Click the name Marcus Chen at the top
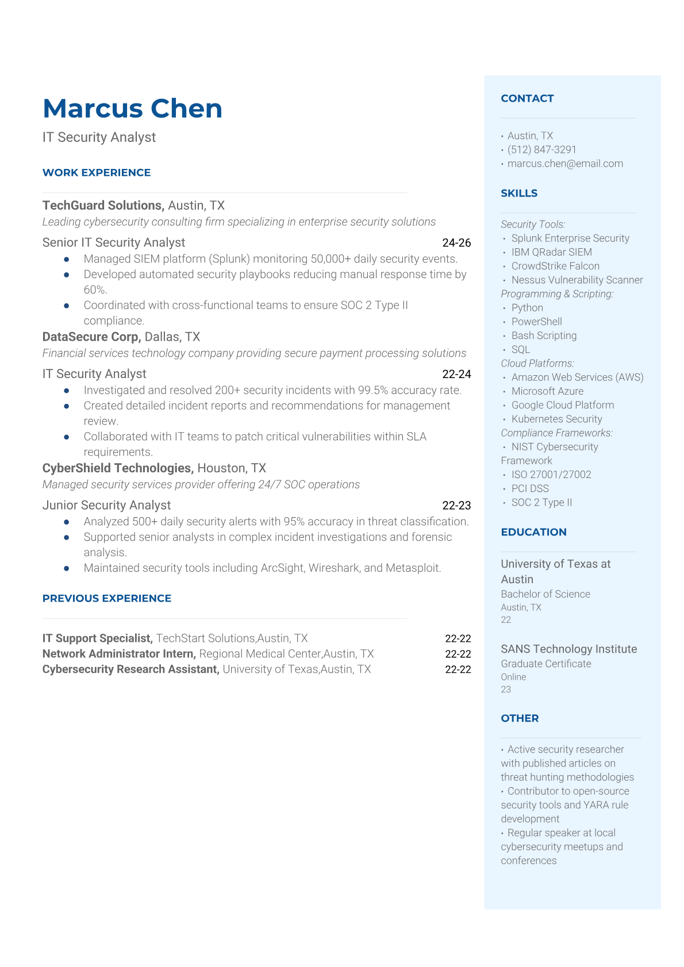pos(132,109)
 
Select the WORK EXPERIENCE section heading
pos(97,173)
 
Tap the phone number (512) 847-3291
pos(541,150)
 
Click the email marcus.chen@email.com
pos(565,164)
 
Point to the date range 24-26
pos(456,243)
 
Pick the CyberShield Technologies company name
pos(118,468)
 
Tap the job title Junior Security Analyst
pos(106,506)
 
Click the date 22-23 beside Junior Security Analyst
pos(456,506)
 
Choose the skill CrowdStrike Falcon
pos(555,266)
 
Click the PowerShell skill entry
pos(536,322)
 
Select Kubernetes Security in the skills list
pos(556,419)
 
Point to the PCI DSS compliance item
pos(530,489)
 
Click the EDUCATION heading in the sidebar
pos(533,533)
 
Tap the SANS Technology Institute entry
pos(568,649)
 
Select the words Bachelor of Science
pos(545,594)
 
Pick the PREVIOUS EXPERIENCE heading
pos(107,599)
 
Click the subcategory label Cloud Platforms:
pos(537,364)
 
